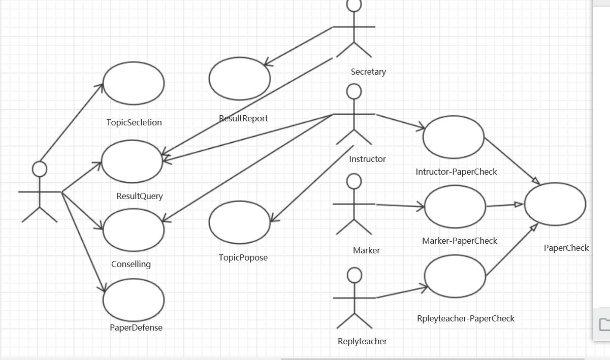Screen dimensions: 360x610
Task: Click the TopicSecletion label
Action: point(134,122)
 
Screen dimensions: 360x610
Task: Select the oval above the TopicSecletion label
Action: point(134,82)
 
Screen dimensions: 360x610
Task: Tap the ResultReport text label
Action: point(243,118)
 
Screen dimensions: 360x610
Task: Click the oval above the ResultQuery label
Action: point(132,161)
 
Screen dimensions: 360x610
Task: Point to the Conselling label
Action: point(131,264)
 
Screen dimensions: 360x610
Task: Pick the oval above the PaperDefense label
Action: point(134,300)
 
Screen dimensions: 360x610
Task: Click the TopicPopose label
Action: point(243,257)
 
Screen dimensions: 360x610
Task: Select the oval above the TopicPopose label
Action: point(240,222)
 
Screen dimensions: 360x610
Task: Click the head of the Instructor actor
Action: point(354,91)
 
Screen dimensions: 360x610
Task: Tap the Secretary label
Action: point(368,72)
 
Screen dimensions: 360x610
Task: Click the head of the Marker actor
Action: point(354,180)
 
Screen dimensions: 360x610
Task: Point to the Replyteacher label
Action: point(362,341)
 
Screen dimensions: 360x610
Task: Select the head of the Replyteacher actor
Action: point(355,275)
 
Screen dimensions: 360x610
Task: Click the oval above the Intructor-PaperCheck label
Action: point(454,137)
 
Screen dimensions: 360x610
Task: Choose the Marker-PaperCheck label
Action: point(460,241)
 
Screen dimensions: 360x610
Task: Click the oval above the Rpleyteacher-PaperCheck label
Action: point(455,276)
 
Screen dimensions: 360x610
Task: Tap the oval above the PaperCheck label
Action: point(555,204)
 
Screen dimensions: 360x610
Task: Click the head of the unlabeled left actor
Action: point(39,169)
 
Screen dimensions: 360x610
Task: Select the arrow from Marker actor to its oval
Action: point(400,205)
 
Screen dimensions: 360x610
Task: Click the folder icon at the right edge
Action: point(604,324)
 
